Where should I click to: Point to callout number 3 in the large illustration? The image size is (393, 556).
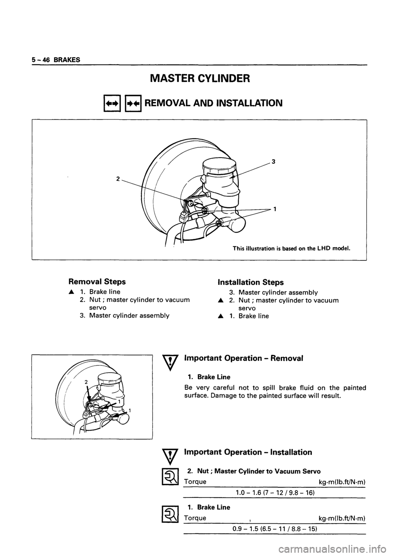click(x=273, y=162)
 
